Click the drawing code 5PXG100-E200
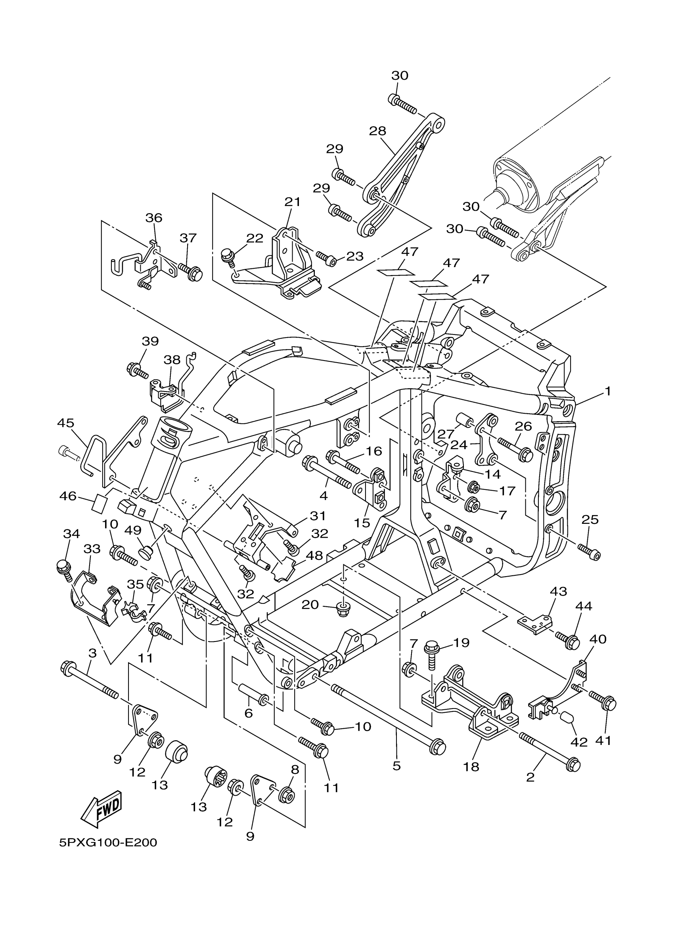(108, 843)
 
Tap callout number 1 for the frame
(607, 391)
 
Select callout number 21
(293, 202)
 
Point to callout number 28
(377, 131)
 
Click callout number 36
(154, 218)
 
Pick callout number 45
(66, 423)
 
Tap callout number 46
(68, 496)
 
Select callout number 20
(310, 605)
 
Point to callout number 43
(558, 591)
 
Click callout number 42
(579, 741)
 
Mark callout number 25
(590, 519)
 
